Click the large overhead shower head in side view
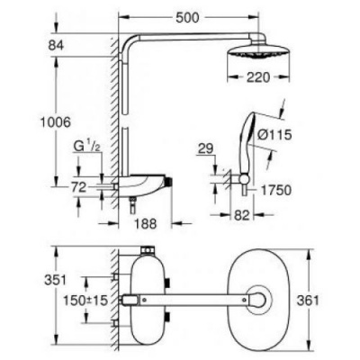point(261,50)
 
